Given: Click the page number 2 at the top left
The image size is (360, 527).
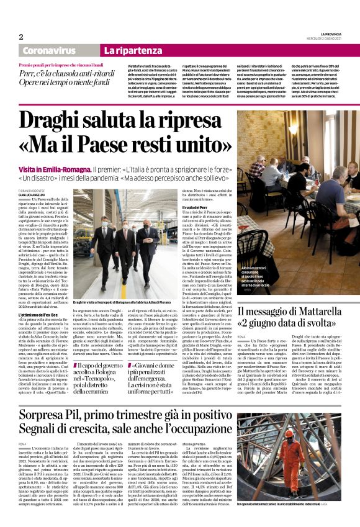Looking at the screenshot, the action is pos(20,37).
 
